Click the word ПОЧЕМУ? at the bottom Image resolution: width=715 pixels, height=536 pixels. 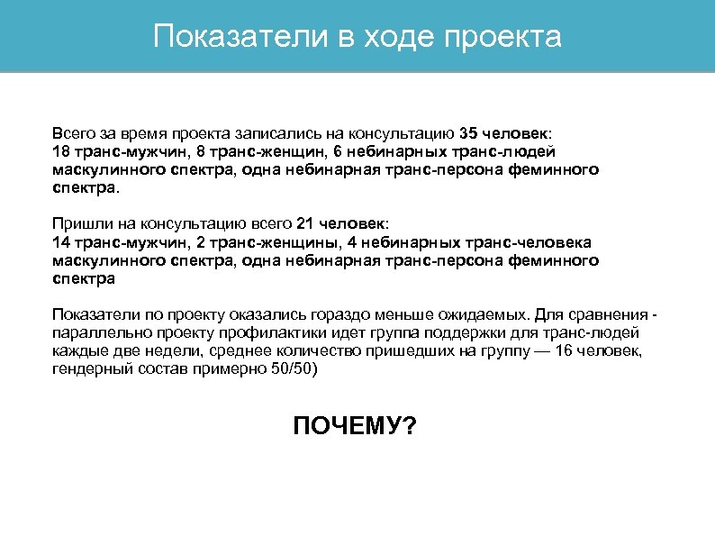(x=356, y=425)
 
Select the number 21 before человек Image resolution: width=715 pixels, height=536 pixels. (x=294, y=223)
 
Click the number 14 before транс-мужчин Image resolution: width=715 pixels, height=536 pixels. (x=61, y=242)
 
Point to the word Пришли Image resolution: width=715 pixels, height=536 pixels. (x=77, y=223)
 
